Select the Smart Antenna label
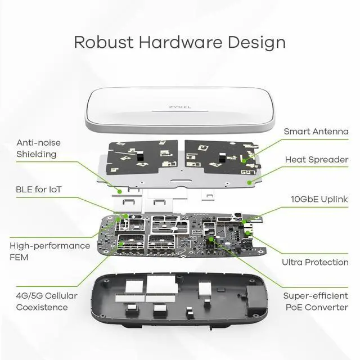[x=316, y=132]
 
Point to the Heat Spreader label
[x=316, y=160]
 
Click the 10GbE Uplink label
[x=319, y=199]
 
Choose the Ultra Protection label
[x=315, y=262]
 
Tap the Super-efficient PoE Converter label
[x=315, y=301]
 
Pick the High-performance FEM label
[x=49, y=251]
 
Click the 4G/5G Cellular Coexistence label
[x=46, y=301]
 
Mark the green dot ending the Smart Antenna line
[x=244, y=160]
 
